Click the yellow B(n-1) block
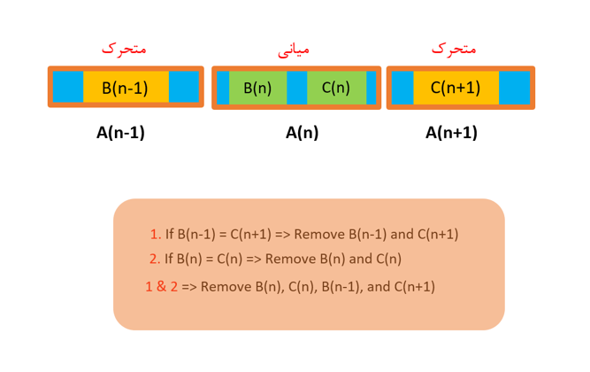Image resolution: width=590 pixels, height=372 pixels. point(125,88)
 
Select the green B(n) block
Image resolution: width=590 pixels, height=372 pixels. point(257,88)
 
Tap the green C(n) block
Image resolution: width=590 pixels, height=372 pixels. point(336,88)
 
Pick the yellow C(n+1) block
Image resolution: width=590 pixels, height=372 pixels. point(456,88)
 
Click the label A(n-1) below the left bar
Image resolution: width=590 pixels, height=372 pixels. point(120,133)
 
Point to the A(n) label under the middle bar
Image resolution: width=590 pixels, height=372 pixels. point(302,133)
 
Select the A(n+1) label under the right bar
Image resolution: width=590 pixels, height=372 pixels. point(451,133)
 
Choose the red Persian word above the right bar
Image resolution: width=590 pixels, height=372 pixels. point(454,49)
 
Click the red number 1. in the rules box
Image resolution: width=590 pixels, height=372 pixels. point(155,235)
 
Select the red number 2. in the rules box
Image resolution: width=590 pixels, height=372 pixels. point(155,260)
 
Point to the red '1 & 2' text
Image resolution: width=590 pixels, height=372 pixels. point(161,286)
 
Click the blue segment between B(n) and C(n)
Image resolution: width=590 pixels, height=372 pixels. point(297,88)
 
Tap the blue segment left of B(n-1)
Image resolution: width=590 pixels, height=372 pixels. point(68,88)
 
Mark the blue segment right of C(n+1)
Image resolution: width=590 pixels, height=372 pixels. point(514,88)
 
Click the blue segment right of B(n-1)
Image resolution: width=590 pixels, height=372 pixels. point(184,88)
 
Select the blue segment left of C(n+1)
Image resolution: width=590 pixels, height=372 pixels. point(402,88)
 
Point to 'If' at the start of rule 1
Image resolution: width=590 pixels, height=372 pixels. point(169,235)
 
